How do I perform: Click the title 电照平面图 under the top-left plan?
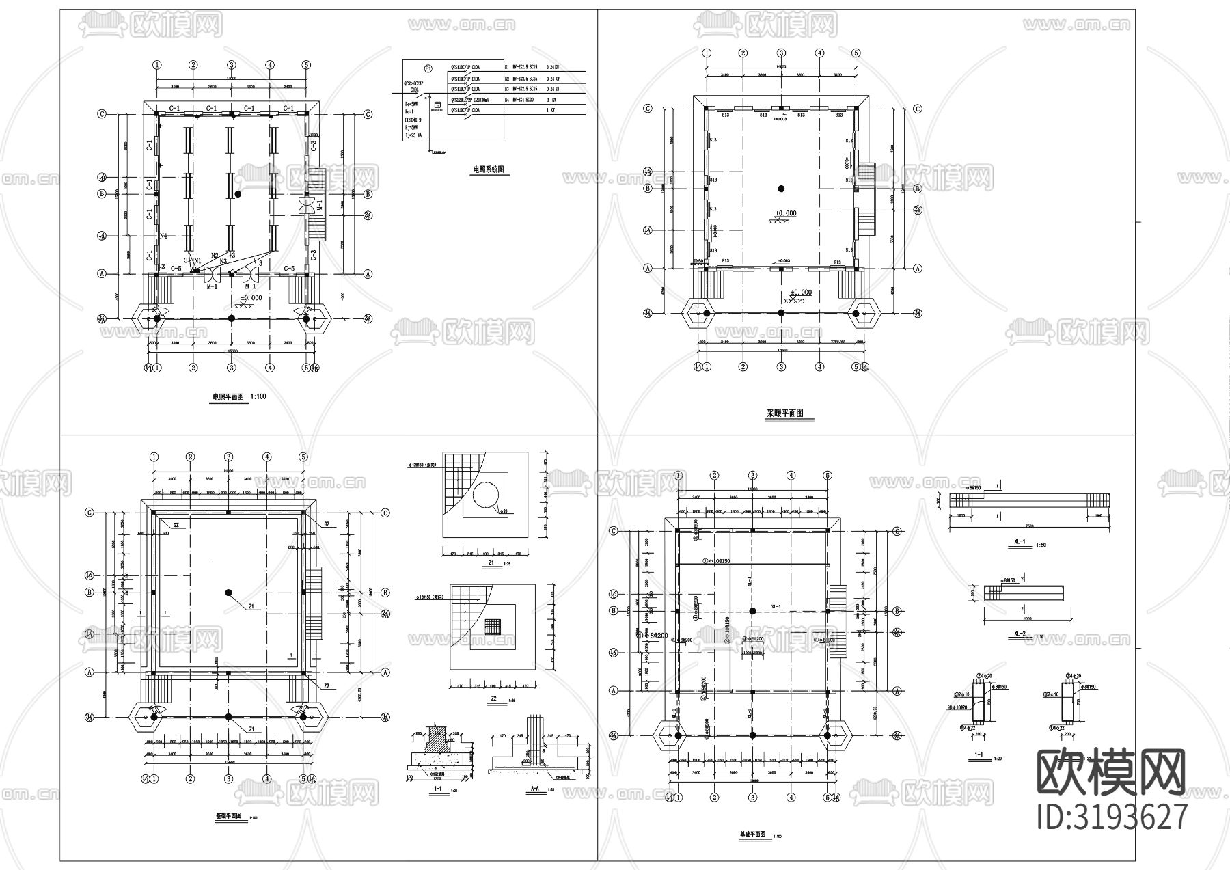[x=228, y=397]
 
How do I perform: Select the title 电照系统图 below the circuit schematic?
[x=491, y=169]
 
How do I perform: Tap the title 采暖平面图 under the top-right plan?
[x=784, y=413]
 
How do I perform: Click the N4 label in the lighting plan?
[x=164, y=236]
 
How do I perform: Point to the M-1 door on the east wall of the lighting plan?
[x=306, y=204]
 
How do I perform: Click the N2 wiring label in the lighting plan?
[x=215, y=255]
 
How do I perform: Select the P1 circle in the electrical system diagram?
[x=428, y=68]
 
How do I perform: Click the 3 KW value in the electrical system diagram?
[x=551, y=100]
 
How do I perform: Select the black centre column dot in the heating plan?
[x=781, y=189]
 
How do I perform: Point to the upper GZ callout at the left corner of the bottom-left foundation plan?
[x=176, y=525]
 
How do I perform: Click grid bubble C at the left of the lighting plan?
[x=102, y=115]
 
